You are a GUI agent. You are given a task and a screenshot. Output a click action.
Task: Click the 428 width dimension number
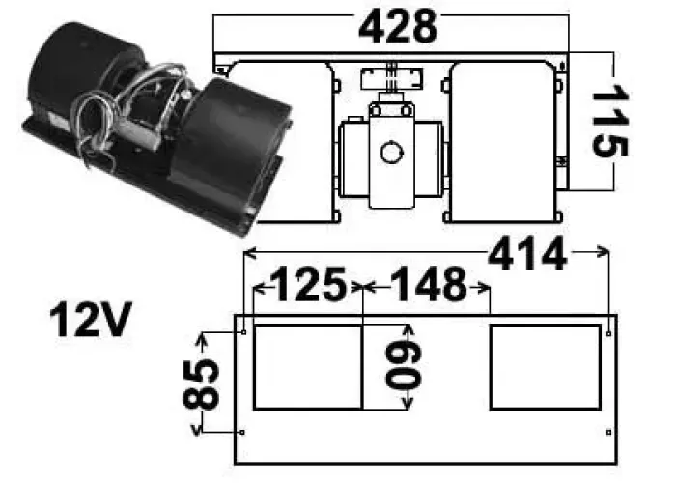click(398, 28)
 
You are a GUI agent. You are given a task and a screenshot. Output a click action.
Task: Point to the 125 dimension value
click(307, 286)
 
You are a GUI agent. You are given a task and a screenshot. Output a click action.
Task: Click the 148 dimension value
click(427, 286)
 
